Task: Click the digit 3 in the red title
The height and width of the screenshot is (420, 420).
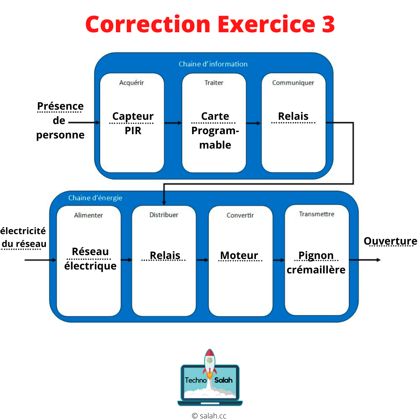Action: (x=328, y=24)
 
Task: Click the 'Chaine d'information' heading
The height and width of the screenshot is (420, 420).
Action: (x=213, y=64)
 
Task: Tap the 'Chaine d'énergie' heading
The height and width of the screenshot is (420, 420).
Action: (x=95, y=198)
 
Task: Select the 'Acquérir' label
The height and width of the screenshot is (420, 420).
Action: (x=131, y=83)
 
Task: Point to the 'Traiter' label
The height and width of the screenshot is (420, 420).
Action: (x=214, y=83)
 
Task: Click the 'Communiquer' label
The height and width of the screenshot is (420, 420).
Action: (x=293, y=83)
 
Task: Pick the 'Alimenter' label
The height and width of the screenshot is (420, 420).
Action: (x=88, y=215)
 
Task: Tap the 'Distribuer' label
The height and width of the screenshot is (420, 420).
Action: (x=164, y=215)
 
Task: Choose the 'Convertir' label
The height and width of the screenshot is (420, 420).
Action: (x=240, y=215)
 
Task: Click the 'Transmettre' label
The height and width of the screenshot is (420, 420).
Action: (x=317, y=214)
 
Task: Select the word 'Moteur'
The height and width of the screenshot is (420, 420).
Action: (x=239, y=255)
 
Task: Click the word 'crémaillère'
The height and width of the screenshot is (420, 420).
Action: (x=316, y=270)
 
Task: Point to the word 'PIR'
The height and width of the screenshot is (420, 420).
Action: (x=133, y=131)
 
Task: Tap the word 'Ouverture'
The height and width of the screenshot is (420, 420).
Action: (x=390, y=241)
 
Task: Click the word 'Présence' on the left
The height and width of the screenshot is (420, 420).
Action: (x=60, y=106)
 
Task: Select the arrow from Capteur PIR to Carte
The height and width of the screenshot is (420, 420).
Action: (x=173, y=123)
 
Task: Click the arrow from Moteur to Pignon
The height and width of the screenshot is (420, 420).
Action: (x=278, y=260)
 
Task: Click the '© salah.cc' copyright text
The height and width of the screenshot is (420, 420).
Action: (x=209, y=416)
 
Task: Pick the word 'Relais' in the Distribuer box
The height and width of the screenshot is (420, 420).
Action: (x=165, y=255)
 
